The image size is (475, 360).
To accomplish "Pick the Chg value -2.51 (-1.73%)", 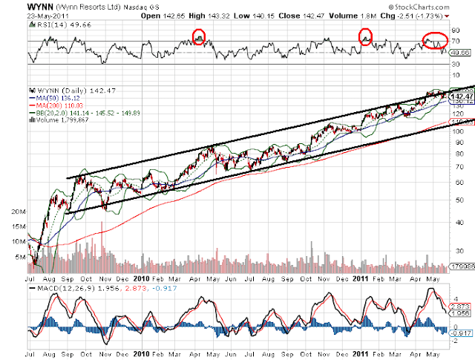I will [431, 15].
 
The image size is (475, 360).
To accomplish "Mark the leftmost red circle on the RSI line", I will [198, 36].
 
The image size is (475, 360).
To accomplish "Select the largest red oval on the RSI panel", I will [435, 41].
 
